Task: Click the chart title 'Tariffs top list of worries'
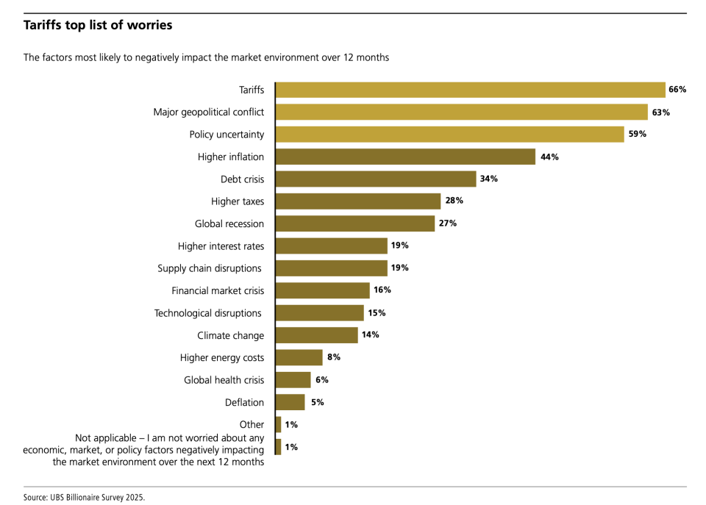[x=98, y=25]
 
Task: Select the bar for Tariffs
[x=470, y=90]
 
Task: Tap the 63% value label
[x=660, y=112]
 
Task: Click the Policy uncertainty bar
[x=450, y=135]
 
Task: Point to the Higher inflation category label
[x=230, y=157]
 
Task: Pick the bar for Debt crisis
[x=376, y=179]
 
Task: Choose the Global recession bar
[x=355, y=223]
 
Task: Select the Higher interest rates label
[x=221, y=246]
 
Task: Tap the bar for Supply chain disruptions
[x=332, y=268]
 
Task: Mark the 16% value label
[x=382, y=290]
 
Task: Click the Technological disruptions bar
[x=320, y=313]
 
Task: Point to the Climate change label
[x=230, y=336]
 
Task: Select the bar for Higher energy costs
[x=299, y=358]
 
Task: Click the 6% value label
[x=321, y=380]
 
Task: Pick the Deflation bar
[x=290, y=402]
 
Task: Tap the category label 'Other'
[x=252, y=425]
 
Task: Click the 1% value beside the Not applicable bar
[x=291, y=447]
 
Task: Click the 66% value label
[x=677, y=90]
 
